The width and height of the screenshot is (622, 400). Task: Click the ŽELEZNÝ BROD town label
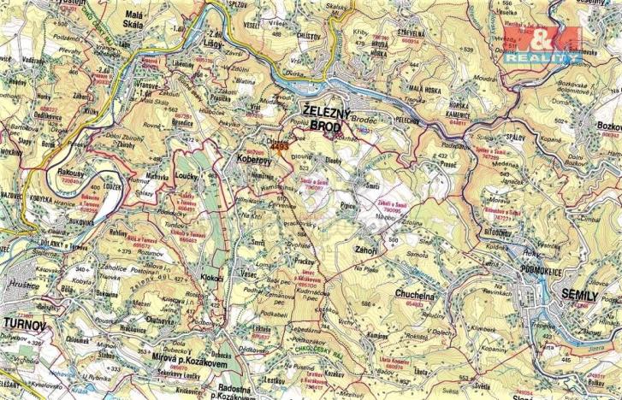325,118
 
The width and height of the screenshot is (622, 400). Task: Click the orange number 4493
278,147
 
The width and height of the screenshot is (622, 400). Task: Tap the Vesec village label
247,274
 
